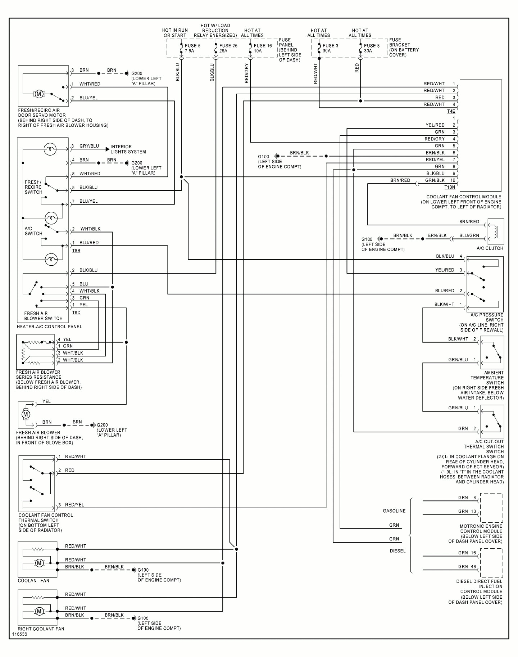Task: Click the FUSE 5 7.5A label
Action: pos(192,48)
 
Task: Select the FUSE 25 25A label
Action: pos(228,48)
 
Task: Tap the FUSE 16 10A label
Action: pos(263,48)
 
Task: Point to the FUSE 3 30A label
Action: pos(330,48)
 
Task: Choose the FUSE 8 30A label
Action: pos(372,48)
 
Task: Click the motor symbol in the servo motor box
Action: pos(39,94)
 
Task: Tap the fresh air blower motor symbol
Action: pos(26,414)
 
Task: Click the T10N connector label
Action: pos(450,187)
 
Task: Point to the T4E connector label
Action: pos(451,111)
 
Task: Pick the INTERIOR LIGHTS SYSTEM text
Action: pos(128,149)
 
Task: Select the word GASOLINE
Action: pos(394,511)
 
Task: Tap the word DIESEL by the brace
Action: pos(397,551)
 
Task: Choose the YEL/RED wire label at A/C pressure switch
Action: pos(445,270)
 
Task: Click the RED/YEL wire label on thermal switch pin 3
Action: pos(74,505)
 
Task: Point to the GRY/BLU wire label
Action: pos(89,146)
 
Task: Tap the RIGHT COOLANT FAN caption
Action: pos(41,629)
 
